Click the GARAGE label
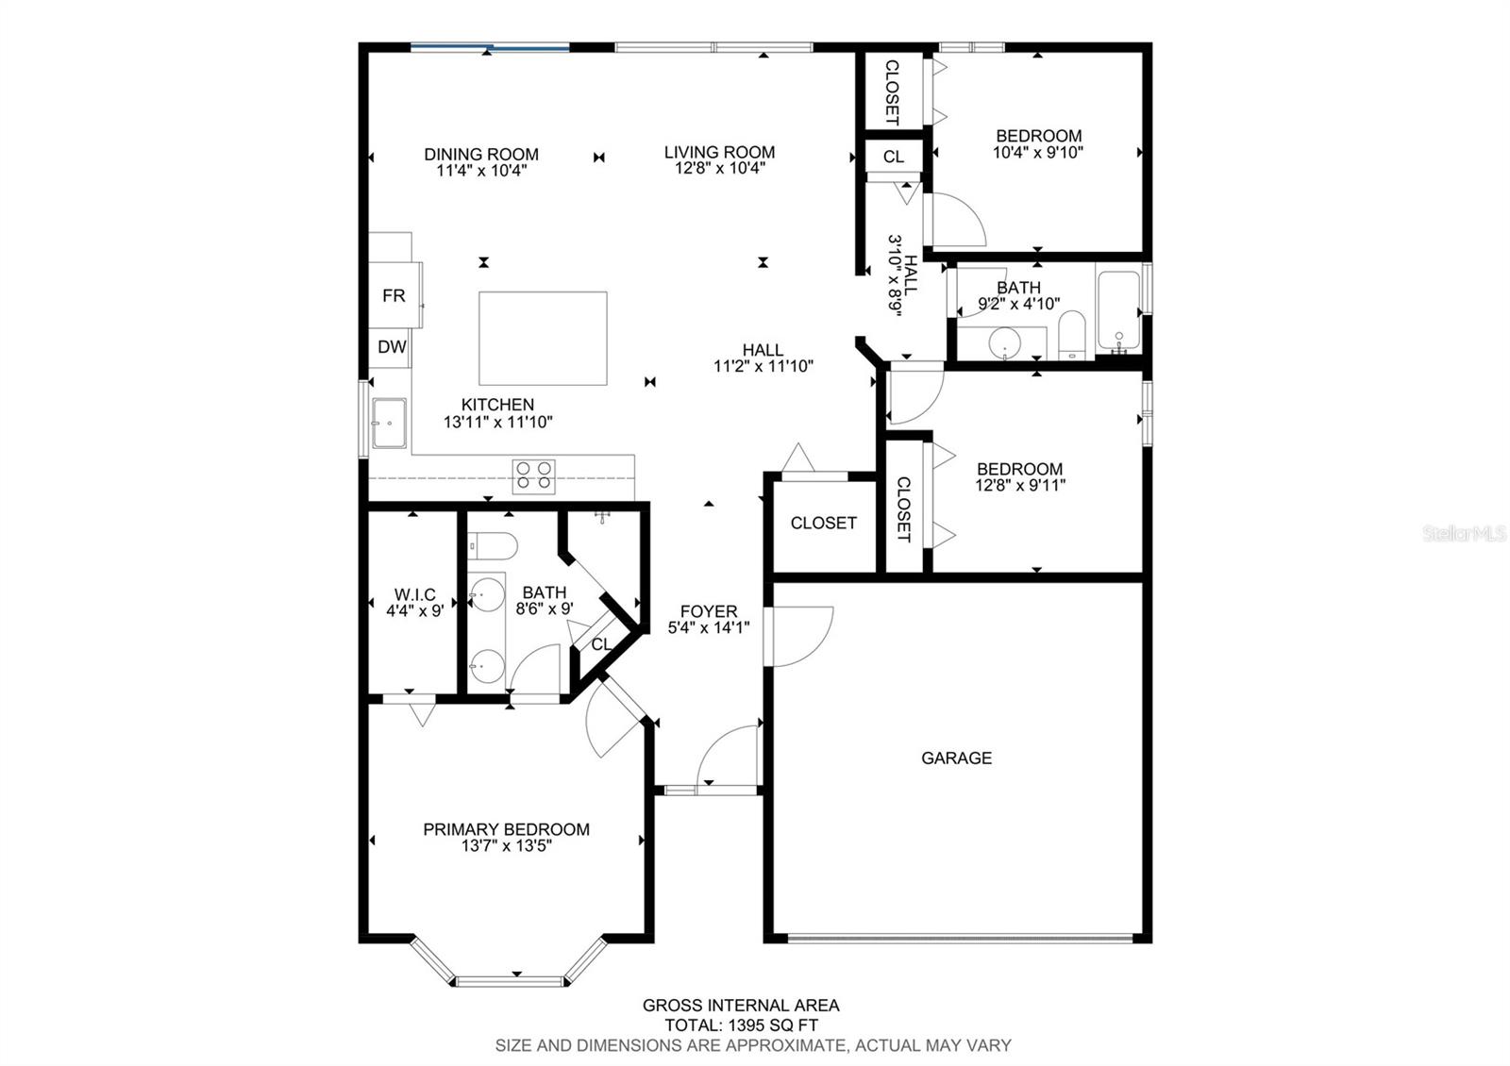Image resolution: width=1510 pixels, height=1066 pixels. [956, 758]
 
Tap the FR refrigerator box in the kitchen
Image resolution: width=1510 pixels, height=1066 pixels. [395, 294]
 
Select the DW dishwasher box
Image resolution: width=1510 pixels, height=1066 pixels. [391, 348]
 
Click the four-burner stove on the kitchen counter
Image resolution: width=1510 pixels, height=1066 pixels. [534, 476]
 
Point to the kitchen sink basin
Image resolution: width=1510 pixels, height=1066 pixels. [390, 423]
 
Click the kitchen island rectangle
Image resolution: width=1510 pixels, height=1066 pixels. [543, 339]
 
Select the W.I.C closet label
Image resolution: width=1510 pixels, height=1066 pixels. [414, 595]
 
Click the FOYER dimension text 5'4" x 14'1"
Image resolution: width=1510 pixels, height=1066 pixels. [709, 628]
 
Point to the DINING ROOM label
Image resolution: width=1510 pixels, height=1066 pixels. [481, 155]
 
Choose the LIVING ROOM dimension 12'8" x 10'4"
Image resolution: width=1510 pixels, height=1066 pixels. [720, 168]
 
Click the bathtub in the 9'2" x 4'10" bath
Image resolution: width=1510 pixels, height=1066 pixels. [1118, 309]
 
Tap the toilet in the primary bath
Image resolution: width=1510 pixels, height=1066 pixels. [493, 546]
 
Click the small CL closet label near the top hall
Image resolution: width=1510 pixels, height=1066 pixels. [893, 157]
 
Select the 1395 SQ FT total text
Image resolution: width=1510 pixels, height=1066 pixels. [771, 1025]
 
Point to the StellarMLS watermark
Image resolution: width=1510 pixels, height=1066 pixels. [1463, 534]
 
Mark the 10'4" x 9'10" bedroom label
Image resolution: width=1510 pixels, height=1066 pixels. [1038, 144]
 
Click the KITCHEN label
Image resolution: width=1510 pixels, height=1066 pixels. [497, 405]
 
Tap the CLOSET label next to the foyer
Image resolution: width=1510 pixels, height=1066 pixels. [823, 523]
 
